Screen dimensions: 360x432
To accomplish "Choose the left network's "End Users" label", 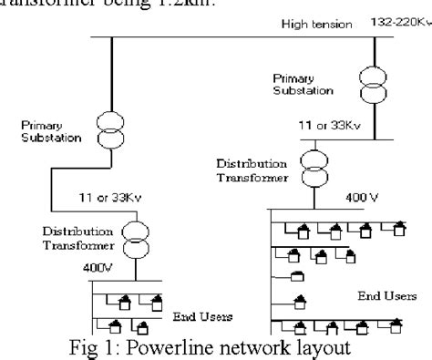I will point(201,315).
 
